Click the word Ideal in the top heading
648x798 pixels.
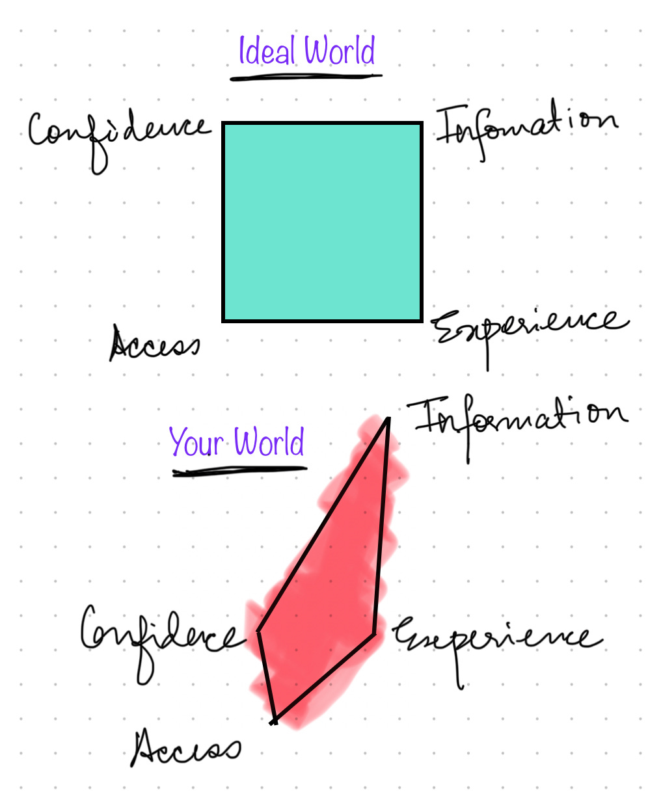[x=267, y=51]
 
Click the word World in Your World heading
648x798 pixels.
[x=269, y=443]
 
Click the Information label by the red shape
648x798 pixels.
[x=517, y=419]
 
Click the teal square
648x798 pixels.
[x=323, y=222]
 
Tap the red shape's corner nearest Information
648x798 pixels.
[x=388, y=419]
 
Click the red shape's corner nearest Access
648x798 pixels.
[x=274, y=721]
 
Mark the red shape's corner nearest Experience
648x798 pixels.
[x=374, y=633]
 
